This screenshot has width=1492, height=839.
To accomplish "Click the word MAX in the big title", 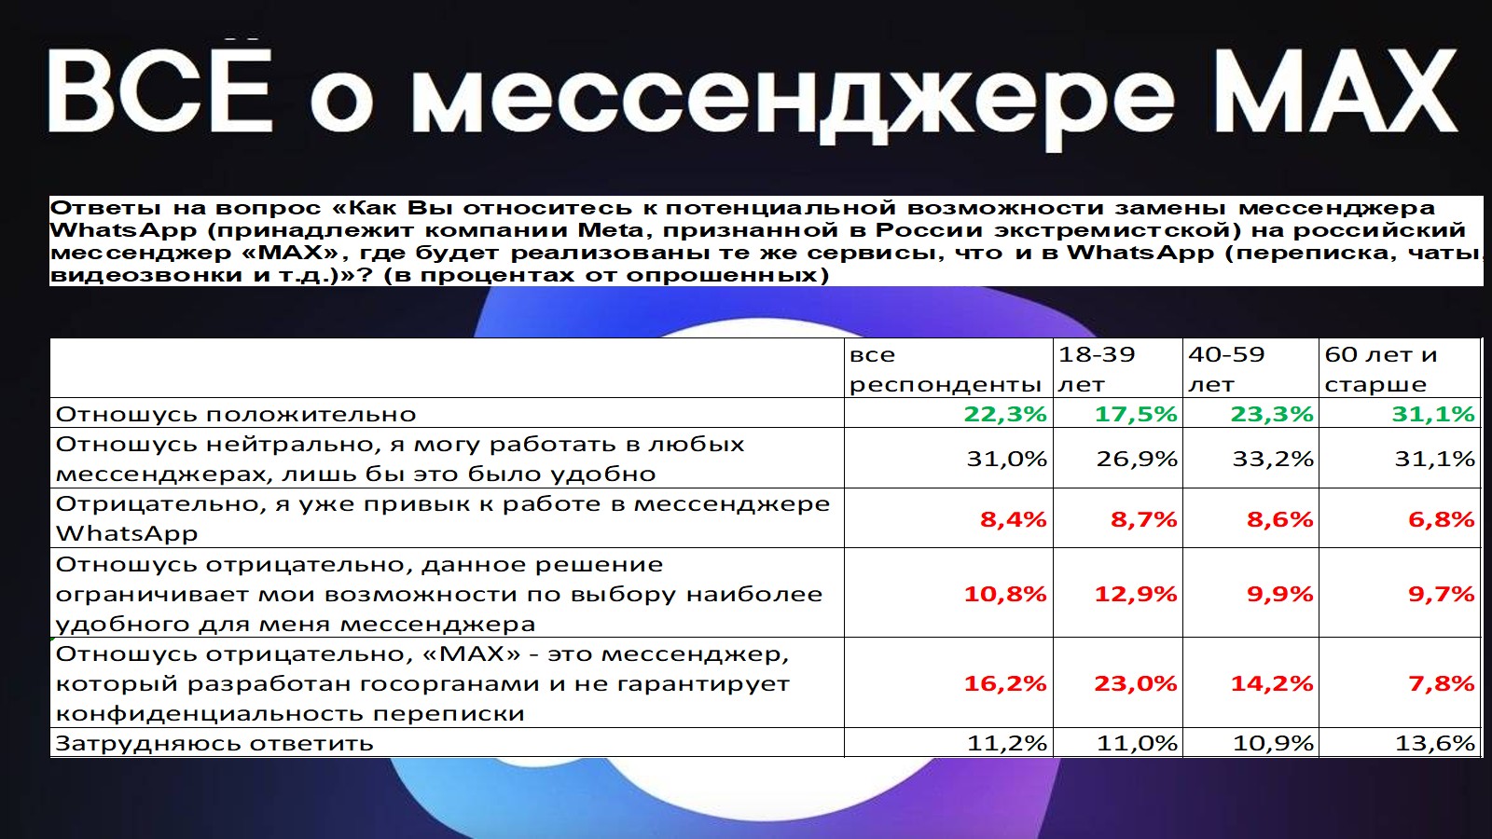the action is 1338,90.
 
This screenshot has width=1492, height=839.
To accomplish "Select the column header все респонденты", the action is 946,369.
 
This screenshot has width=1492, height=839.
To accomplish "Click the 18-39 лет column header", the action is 1097,369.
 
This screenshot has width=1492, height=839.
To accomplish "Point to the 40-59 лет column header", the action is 1226,369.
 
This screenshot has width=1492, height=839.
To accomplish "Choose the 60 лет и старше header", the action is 1381,369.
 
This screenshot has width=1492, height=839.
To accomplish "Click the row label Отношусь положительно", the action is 236,414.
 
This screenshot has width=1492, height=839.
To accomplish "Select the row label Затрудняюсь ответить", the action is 214,743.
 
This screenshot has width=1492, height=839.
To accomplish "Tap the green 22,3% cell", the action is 1005,414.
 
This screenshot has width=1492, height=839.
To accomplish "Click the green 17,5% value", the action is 1136,414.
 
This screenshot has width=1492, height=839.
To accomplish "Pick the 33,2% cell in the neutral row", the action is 1273,459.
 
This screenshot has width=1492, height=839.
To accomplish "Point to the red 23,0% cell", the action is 1136,683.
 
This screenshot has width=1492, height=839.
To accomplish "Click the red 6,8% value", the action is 1442,519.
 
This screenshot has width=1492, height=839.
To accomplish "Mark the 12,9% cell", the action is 1136,594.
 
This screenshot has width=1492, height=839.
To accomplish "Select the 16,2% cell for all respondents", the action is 1005,683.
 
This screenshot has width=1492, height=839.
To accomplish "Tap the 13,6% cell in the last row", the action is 1435,743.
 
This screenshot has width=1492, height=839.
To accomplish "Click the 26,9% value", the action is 1137,459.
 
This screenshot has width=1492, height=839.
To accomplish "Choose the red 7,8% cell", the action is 1442,683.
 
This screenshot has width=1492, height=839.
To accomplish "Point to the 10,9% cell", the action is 1273,743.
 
